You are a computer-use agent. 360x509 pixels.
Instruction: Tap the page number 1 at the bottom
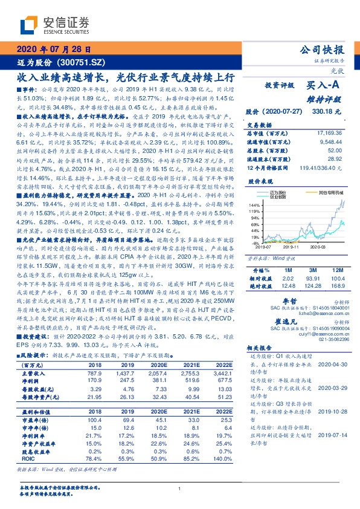(180, 488)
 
